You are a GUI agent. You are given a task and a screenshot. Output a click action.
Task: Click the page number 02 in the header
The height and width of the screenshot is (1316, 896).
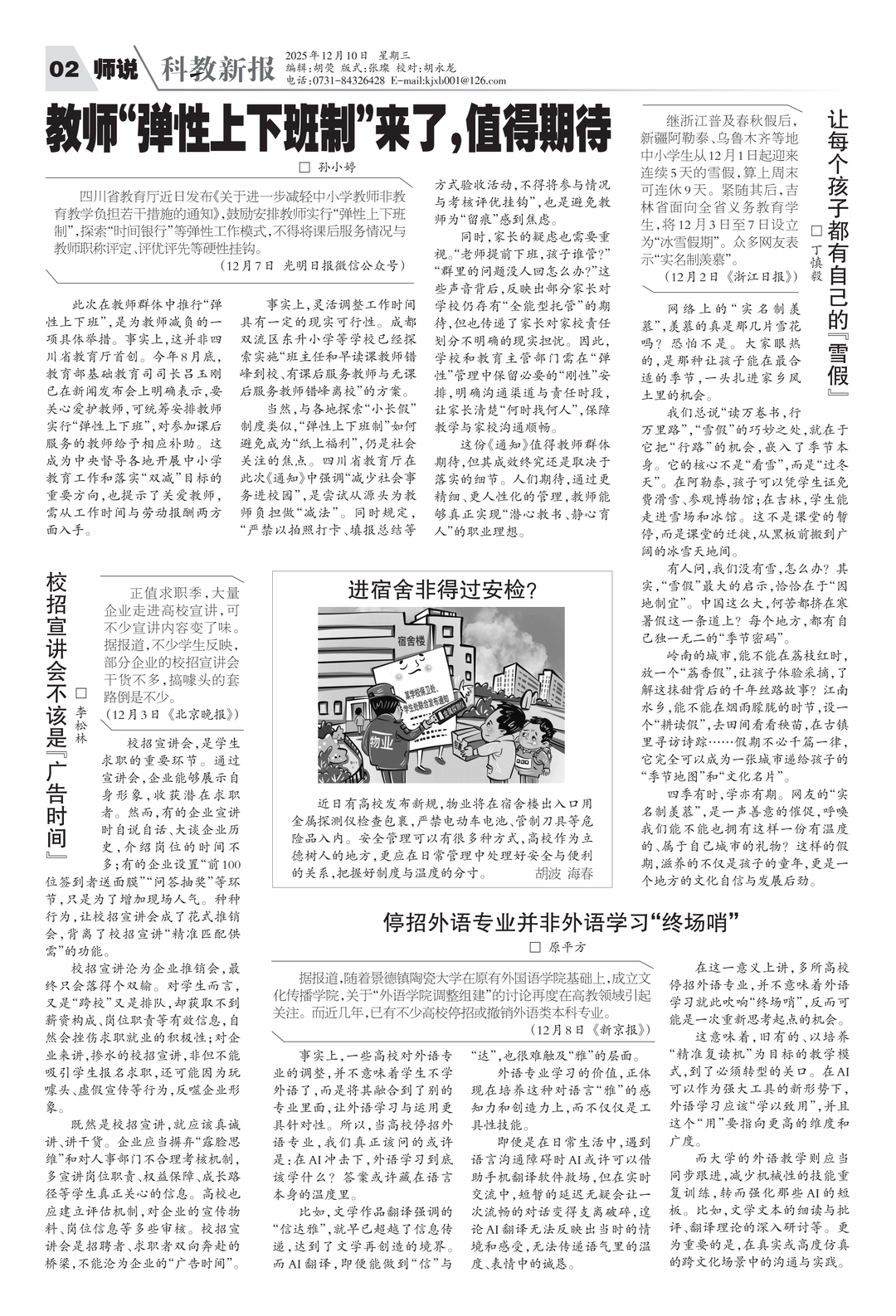pos(65,70)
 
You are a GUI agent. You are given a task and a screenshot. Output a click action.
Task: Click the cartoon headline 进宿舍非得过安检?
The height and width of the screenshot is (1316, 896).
pos(442,590)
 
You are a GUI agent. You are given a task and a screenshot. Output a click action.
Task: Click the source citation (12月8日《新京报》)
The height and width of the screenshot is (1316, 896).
pos(591,1029)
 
